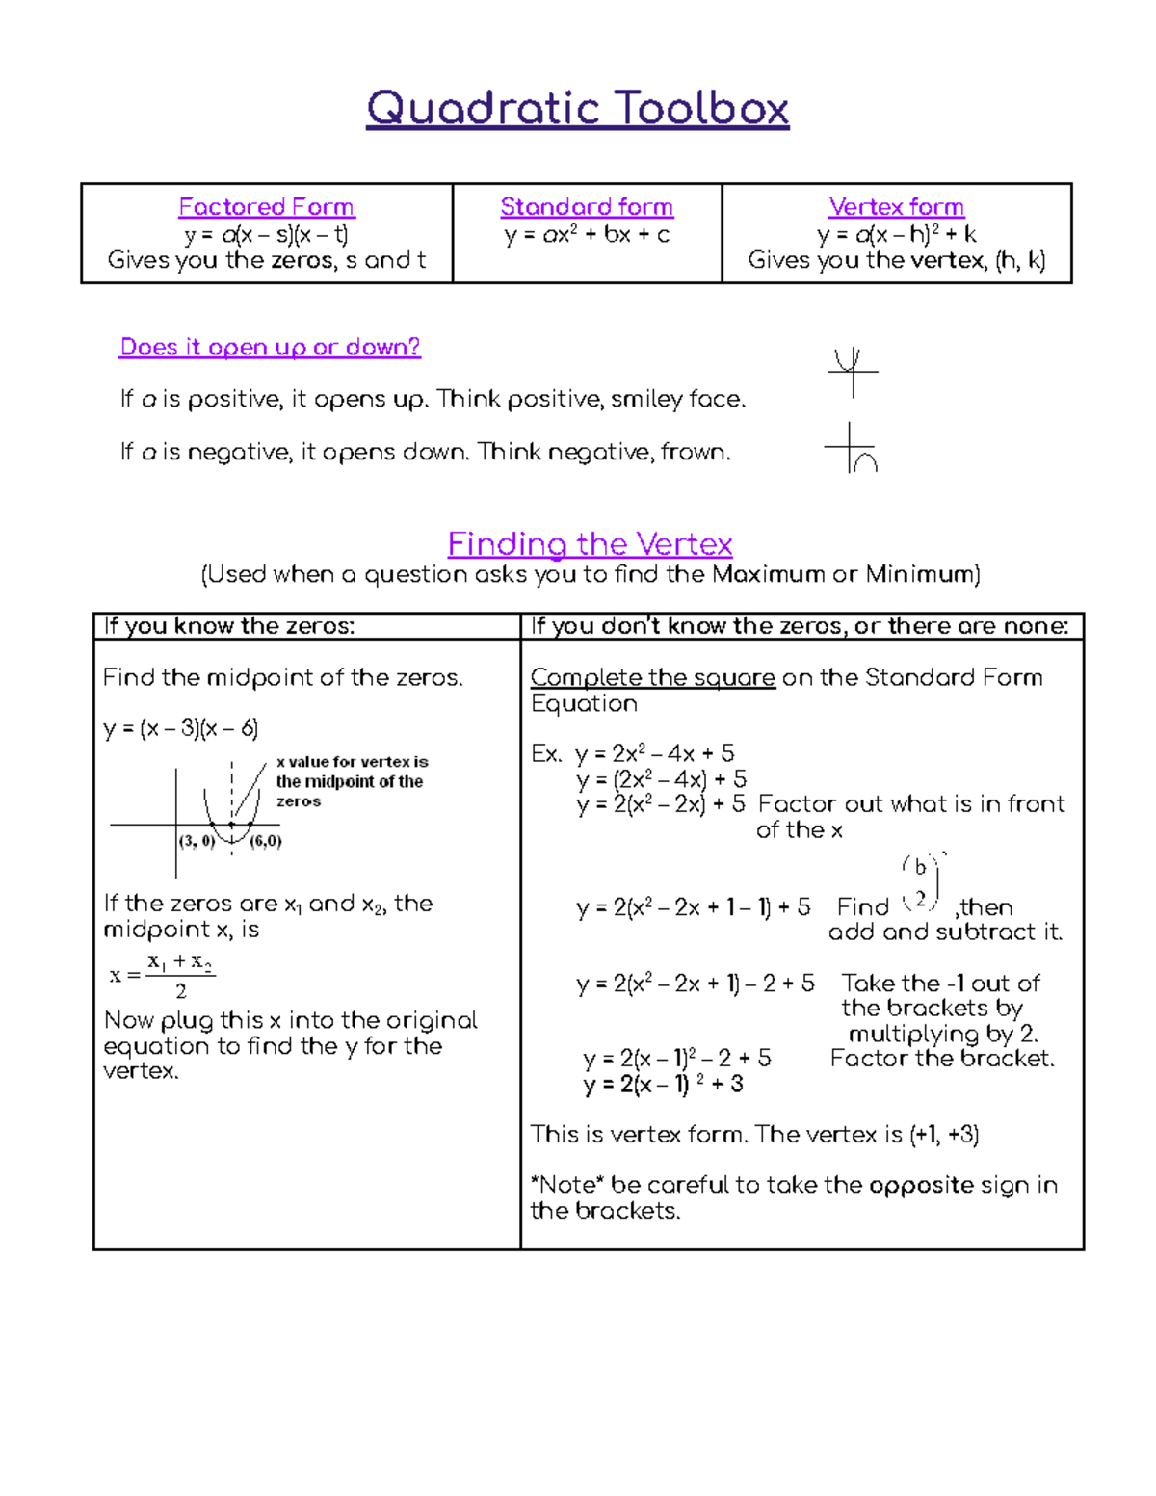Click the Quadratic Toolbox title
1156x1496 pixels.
point(577,108)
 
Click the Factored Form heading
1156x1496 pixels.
point(267,207)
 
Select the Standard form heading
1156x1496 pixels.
point(587,207)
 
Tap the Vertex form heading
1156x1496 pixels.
point(896,207)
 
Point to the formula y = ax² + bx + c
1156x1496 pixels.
point(587,234)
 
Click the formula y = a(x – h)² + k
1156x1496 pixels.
point(896,234)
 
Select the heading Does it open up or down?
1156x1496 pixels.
point(270,347)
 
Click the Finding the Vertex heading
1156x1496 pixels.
point(590,544)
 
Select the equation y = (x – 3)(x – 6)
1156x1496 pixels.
point(181,728)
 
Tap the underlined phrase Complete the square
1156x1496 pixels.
point(652,678)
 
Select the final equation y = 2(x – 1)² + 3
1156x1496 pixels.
point(663,1085)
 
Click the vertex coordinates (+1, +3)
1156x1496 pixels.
point(944,1135)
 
